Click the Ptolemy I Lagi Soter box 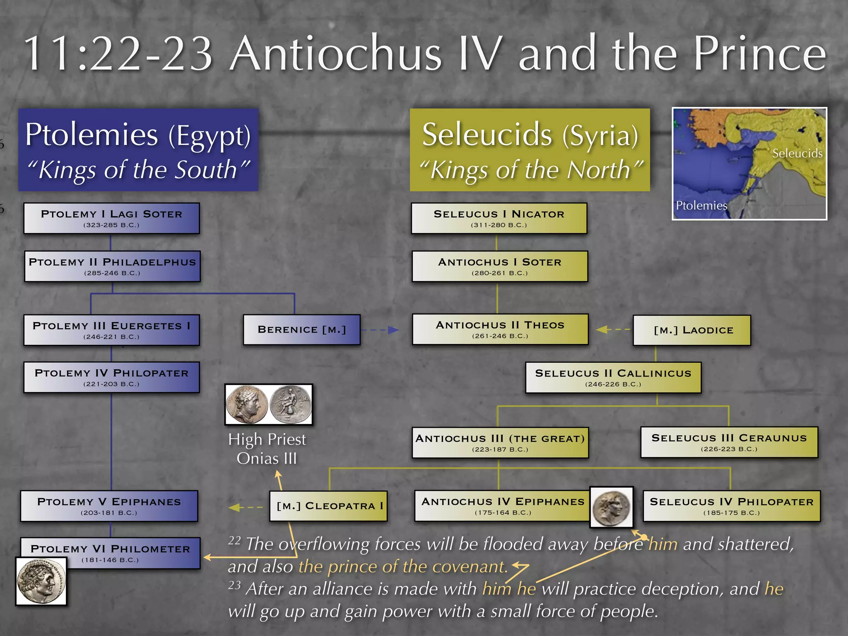[x=111, y=218]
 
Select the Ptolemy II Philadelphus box [x=112, y=266]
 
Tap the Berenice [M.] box [x=301, y=330]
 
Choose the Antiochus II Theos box [x=500, y=330]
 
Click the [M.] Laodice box [x=691, y=330]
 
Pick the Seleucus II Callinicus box [x=613, y=378]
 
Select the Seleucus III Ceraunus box [x=729, y=442]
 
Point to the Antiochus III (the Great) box [x=500, y=443]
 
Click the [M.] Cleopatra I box [x=328, y=506]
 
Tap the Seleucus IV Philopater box [x=731, y=506]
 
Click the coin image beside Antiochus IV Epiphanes [x=612, y=507]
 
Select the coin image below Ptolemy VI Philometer [x=41, y=581]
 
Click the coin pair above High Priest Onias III [x=268, y=404]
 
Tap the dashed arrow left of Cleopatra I [x=246, y=507]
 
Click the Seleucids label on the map [x=797, y=154]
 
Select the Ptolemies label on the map [x=701, y=205]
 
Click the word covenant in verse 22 [x=468, y=566]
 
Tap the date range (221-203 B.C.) [x=111, y=384]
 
